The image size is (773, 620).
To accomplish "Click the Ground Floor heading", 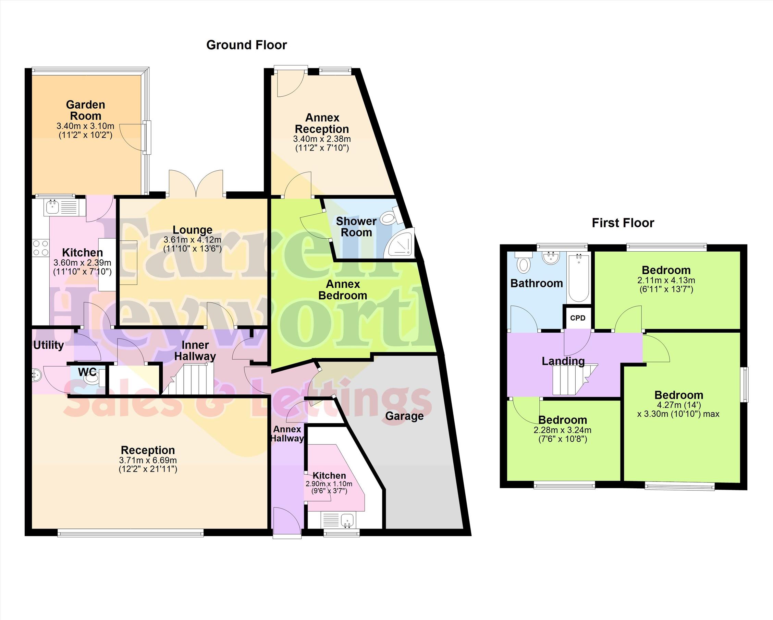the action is pos(246,45).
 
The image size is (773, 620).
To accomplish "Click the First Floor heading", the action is pos(623,223).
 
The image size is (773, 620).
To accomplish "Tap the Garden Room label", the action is pos(86,110).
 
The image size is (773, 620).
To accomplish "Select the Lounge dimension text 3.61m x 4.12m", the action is pos(193,239).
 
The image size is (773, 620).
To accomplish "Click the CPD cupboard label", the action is pos(578,318).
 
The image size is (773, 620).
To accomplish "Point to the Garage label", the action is pos(404,416).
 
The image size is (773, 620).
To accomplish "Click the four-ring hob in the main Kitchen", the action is pos(40,248).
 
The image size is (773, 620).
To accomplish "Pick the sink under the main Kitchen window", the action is pos(61,208).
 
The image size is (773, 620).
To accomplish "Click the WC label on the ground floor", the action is pos(87,372).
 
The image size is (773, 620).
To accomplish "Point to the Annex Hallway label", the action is pos(287,433).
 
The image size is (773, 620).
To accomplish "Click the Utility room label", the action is pos(48,345).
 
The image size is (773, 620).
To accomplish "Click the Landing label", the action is pos(563,361).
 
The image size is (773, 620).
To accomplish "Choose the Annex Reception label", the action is pos(322,123).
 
